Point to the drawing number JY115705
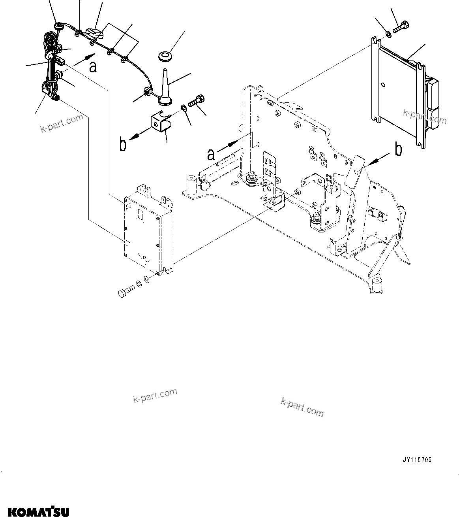click(x=417, y=460)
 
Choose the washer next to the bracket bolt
click(x=184, y=108)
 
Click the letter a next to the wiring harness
click(x=92, y=67)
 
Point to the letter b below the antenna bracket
click(x=124, y=145)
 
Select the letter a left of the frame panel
click(x=212, y=154)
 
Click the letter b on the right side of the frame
click(x=399, y=150)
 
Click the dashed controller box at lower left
click(x=148, y=229)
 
